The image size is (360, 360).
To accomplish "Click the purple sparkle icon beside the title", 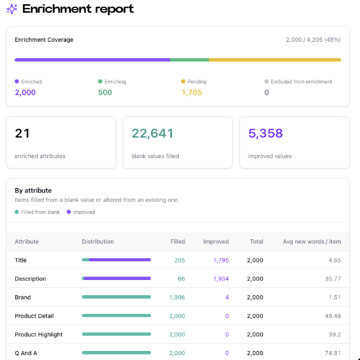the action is pyautogui.click(x=12, y=9).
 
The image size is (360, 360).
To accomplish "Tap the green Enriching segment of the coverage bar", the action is pyautogui.click(x=190, y=60).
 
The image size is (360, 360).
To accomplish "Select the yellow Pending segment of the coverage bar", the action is pyautogui.click(x=275, y=60).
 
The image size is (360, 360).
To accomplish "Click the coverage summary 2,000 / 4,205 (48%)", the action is pyautogui.click(x=313, y=40).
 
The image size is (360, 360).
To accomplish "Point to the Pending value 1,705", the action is pyautogui.click(x=192, y=93).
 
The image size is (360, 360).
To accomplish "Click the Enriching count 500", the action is pyautogui.click(x=105, y=93).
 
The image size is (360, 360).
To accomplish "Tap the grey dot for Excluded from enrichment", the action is pyautogui.click(x=266, y=81).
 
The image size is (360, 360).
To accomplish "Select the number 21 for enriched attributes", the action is pyautogui.click(x=22, y=133).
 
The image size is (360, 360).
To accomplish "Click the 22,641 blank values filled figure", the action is pyautogui.click(x=153, y=133).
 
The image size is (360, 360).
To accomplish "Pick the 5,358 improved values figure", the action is pyautogui.click(x=265, y=133).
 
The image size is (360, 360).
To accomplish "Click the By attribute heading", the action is pyautogui.click(x=33, y=190).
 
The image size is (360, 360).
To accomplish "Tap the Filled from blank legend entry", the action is pyautogui.click(x=37, y=212).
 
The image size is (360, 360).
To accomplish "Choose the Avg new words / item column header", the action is pyautogui.click(x=312, y=242).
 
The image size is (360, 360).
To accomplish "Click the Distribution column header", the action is pyautogui.click(x=98, y=242).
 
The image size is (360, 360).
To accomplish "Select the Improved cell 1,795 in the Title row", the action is pyautogui.click(x=221, y=261).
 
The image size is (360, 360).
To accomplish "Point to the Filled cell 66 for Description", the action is pyautogui.click(x=181, y=279).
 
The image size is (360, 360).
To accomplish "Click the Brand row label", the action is pyautogui.click(x=22, y=298).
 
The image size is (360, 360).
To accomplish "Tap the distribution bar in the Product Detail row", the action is pyautogui.click(x=116, y=316).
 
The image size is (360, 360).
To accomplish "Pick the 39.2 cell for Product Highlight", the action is pyautogui.click(x=335, y=335).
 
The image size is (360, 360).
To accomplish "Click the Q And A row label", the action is pyautogui.click(x=25, y=353).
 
